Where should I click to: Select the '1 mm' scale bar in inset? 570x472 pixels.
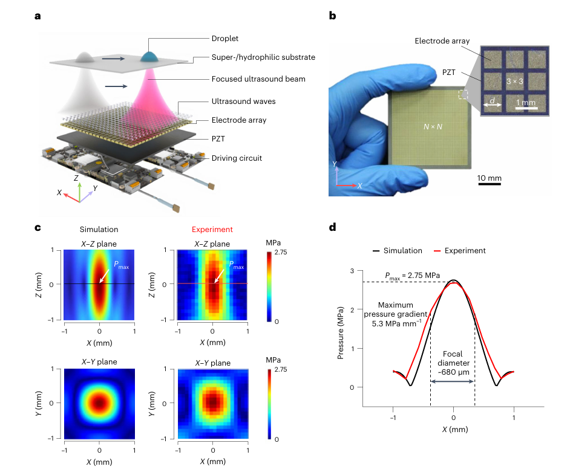pyautogui.click(x=526, y=103)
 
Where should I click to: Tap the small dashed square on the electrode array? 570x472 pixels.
pyautogui.click(x=464, y=94)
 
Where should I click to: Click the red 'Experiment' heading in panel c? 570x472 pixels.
pyautogui.click(x=212, y=230)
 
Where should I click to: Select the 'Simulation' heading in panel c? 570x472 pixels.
pyautogui.click(x=99, y=230)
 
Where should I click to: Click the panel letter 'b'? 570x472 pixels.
pyautogui.click(x=332, y=16)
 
